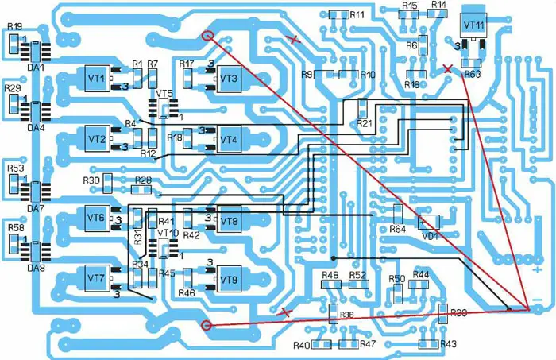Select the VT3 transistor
(x=230, y=79)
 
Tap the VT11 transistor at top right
(x=473, y=25)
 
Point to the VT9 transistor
(x=230, y=280)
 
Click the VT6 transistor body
(x=96, y=218)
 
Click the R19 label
(x=14, y=27)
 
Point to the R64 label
(x=398, y=230)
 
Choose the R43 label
(x=448, y=344)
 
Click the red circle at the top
(x=208, y=35)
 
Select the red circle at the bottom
(x=208, y=324)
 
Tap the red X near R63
(x=449, y=69)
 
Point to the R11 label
(x=357, y=15)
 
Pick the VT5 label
(x=165, y=94)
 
